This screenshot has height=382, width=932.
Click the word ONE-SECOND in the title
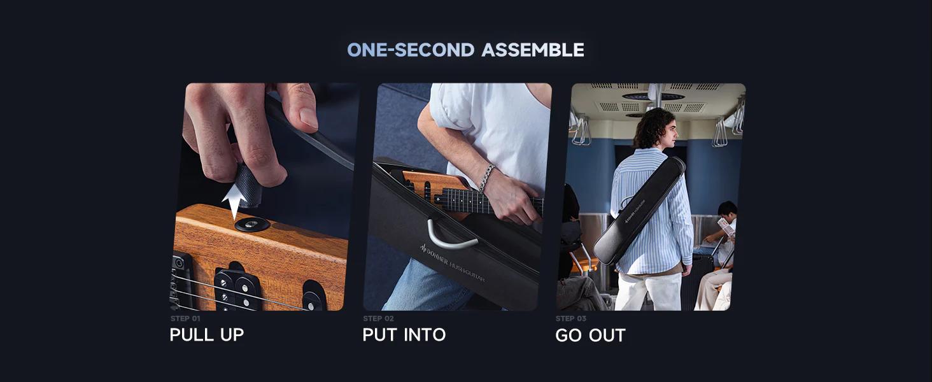(x=411, y=50)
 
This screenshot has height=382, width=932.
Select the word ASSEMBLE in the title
(x=532, y=50)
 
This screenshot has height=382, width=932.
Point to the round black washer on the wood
(x=252, y=224)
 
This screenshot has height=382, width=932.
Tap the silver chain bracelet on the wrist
(x=486, y=178)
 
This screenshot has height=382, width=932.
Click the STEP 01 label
(x=185, y=318)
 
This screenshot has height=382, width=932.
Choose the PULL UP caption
(x=207, y=335)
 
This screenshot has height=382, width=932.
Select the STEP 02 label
(x=378, y=318)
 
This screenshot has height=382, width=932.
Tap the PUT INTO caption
(x=404, y=335)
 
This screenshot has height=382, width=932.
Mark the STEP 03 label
(x=571, y=318)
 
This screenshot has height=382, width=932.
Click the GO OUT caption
(x=590, y=336)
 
